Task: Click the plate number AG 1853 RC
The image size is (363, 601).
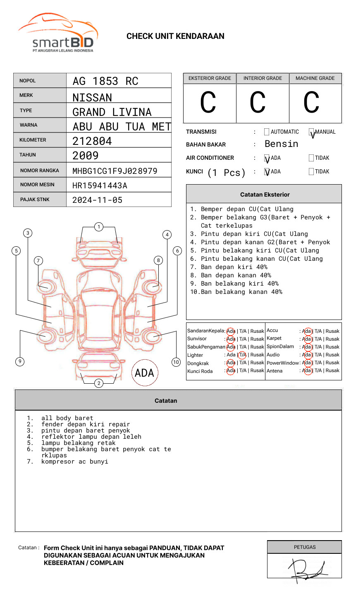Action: coord(105,81)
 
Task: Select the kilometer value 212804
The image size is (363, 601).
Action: coord(92,141)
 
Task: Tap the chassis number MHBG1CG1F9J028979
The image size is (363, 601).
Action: coord(115,171)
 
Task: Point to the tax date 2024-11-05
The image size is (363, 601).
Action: coord(98,200)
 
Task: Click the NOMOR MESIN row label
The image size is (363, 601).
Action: coord(37,185)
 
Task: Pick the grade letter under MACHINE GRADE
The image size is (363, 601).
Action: coord(311,103)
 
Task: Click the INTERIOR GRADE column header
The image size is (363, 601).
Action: coord(263,78)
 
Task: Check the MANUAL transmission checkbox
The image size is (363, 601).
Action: coord(311,132)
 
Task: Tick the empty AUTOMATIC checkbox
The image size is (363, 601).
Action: coord(267,132)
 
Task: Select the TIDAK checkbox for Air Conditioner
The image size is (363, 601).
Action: coord(311,158)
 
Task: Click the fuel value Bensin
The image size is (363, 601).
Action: coord(281,144)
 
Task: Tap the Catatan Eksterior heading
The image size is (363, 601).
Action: coord(265,195)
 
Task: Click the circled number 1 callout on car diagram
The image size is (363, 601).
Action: coord(98,227)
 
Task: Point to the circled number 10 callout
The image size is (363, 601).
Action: coord(176,362)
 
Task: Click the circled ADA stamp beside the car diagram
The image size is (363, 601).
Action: coord(145,373)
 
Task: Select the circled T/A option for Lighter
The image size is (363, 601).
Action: coord(242,355)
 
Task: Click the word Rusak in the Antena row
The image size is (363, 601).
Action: coord(332,370)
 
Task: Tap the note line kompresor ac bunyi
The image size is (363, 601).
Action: coord(74,462)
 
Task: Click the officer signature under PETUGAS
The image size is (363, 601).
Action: coord(306,570)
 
